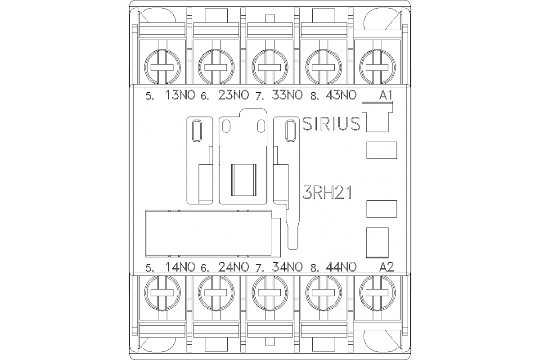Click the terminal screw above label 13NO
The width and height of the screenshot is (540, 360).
tap(162, 67)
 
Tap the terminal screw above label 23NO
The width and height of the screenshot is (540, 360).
tap(216, 67)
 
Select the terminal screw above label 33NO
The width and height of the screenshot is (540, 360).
tap(269, 67)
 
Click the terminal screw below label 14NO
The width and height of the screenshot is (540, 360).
tap(162, 291)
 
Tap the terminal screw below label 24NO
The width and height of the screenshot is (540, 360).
tap(216, 291)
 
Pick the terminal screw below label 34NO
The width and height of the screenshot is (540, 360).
tap(269, 291)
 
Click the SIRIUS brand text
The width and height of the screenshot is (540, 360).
tap(331, 124)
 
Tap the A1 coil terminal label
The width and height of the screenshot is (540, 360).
tap(386, 95)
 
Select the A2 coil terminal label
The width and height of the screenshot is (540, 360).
tap(387, 267)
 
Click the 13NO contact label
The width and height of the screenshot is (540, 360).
tap(180, 95)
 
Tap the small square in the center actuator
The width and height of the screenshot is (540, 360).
tap(243, 180)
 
